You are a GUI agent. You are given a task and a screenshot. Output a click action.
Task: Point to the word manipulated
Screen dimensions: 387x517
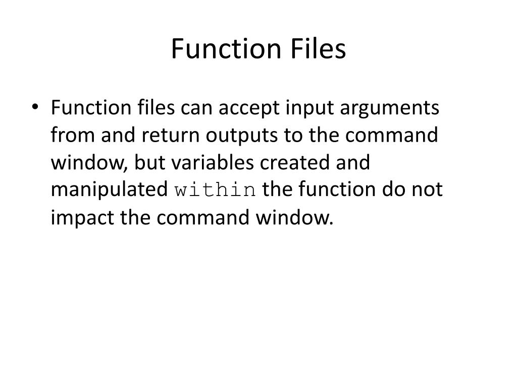[x=110, y=191]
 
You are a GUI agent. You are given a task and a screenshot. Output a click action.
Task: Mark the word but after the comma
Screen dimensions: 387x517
[x=149, y=164]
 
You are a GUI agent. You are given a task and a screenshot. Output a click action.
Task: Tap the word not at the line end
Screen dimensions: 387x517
[x=428, y=191]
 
